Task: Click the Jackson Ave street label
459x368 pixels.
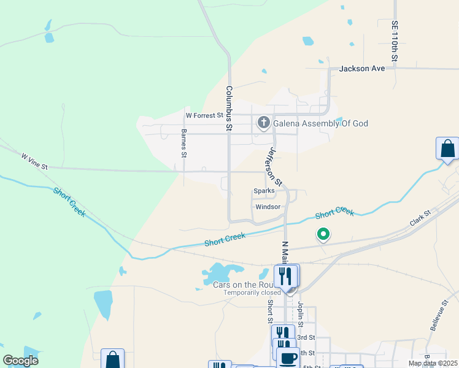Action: coord(362,69)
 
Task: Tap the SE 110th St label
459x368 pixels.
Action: coord(395,40)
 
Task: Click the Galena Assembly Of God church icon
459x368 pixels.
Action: coord(264,123)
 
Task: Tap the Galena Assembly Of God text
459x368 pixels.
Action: coord(320,124)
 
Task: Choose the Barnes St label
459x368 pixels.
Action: coord(183,143)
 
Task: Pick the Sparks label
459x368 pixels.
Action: coord(264,191)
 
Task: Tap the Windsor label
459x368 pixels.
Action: coord(268,207)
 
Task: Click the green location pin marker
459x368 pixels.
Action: coord(323,234)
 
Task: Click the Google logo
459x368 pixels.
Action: coord(20,360)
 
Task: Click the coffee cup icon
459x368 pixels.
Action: coord(288,358)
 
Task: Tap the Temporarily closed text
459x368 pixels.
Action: coord(252,293)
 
